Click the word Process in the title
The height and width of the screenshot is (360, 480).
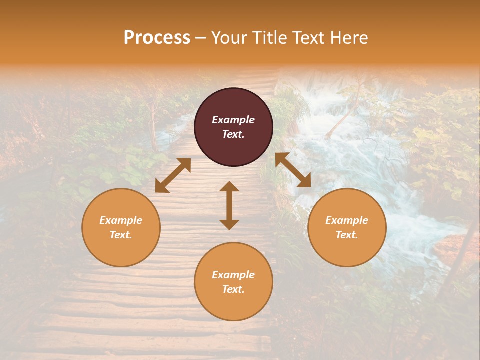click(157, 38)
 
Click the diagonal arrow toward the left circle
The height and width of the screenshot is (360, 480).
click(173, 175)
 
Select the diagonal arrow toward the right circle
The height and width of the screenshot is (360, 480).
click(293, 170)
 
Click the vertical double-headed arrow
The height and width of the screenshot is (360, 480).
click(229, 205)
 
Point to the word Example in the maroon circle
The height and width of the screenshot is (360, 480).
click(233, 120)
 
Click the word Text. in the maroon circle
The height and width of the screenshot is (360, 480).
click(233, 134)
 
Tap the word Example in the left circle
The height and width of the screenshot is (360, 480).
click(121, 220)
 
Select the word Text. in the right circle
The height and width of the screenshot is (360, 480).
click(347, 235)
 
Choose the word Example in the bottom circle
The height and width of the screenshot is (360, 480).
click(233, 275)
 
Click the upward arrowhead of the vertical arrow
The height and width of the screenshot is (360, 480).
click(229, 186)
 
